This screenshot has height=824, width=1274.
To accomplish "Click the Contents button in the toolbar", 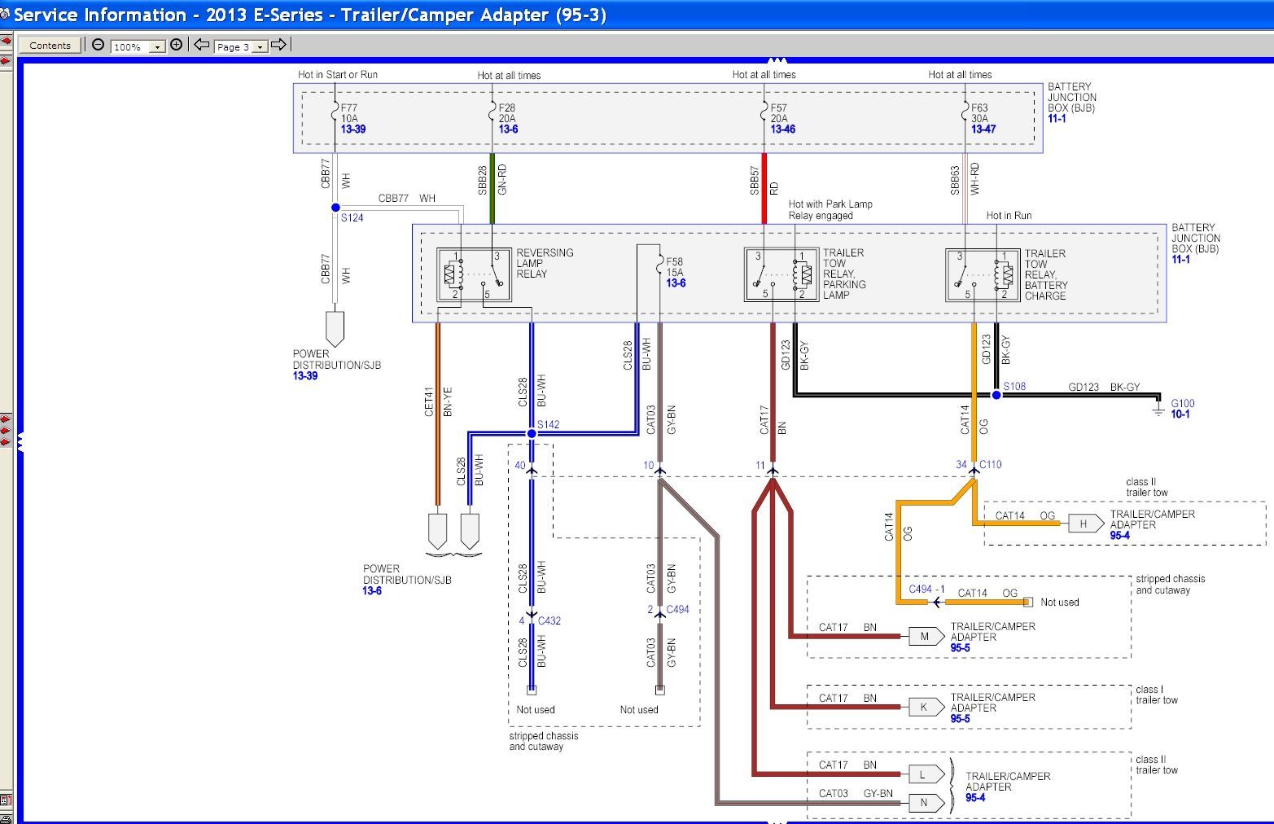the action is coord(50,46).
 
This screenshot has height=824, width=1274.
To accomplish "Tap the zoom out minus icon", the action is coord(98,45).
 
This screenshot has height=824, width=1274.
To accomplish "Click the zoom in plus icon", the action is coord(177,45).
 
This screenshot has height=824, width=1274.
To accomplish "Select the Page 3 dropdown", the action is coord(241,46).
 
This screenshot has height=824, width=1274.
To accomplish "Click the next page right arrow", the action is coord(278,45).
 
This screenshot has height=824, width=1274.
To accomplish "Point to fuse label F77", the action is coord(349,107).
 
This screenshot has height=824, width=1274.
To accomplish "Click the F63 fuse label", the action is coord(979,107).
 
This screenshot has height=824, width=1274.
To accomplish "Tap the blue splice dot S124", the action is coord(335,208).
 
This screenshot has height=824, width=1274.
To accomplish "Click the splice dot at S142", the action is coord(532,434).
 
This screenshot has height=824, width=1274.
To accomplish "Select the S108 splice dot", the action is coord(996,395).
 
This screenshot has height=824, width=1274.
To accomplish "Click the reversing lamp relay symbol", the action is coord(474,275).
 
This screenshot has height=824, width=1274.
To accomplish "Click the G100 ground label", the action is coord(1183,404).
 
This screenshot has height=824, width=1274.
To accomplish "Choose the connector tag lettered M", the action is coord(926,636).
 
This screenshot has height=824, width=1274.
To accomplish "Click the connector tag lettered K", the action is coord(926,707).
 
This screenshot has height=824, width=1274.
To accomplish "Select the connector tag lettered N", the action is coord(926,802).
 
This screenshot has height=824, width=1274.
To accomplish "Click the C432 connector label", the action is coord(549,620).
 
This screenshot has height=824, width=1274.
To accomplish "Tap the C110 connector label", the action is coord(991,464).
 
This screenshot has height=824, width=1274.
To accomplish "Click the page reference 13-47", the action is coord(983,129).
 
